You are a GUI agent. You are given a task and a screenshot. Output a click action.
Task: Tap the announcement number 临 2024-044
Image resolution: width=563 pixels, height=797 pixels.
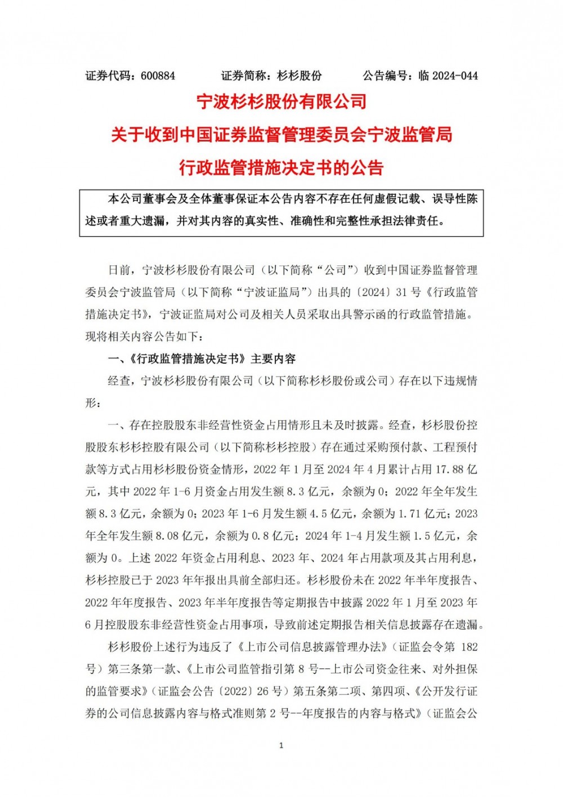pos(448,76)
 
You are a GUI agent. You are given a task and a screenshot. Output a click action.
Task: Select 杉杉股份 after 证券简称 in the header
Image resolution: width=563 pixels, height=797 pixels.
pos(300,76)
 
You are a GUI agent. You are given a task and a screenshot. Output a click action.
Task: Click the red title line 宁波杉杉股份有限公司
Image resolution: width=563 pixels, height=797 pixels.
pos(281,102)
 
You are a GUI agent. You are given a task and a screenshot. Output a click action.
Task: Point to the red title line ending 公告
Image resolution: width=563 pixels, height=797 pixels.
pos(281,167)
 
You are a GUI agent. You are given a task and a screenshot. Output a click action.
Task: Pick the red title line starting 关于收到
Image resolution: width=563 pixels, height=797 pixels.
pos(281,135)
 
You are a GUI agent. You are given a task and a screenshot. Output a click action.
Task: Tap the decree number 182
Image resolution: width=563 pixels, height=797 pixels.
pos(468,647)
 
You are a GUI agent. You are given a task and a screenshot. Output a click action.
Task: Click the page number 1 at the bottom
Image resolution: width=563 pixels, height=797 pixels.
pos(281,746)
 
